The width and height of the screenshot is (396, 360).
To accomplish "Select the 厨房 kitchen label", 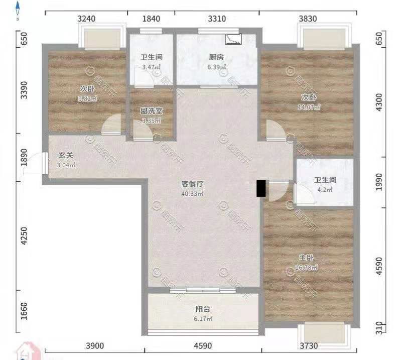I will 217,57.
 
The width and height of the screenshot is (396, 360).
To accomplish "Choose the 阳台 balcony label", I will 202,309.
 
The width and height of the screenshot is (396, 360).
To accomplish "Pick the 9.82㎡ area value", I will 87,99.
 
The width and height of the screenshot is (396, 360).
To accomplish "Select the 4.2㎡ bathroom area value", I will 325,190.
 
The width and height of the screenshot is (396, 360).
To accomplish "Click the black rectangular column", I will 260,188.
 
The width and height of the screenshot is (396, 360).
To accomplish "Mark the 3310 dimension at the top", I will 217,19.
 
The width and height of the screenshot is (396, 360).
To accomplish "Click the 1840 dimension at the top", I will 151,19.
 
